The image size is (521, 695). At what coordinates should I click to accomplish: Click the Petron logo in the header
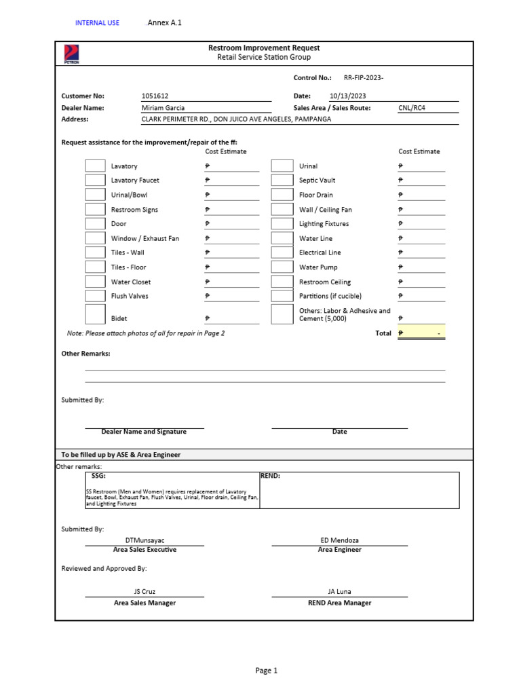point(71,54)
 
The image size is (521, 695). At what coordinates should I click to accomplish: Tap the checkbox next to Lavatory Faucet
point(95,181)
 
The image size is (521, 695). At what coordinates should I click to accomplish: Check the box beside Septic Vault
point(282,181)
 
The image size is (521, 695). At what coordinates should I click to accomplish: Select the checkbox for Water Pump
point(282,267)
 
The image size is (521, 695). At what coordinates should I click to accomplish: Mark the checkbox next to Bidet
point(95,314)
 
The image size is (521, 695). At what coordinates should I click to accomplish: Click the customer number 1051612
point(155,96)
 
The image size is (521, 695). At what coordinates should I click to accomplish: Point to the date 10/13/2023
point(347,96)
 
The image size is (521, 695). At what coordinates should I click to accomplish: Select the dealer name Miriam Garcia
point(163,108)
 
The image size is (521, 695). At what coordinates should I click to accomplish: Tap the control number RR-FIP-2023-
point(364,78)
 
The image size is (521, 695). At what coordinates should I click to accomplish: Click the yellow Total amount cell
point(421,333)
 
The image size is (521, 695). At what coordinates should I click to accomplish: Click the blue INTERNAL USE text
point(97,23)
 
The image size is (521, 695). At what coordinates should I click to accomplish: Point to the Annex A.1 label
point(165,22)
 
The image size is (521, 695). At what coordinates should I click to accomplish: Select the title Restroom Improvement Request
point(264,48)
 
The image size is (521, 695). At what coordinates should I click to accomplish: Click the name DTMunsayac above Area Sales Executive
point(144,540)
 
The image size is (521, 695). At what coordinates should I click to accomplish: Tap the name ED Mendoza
point(339,540)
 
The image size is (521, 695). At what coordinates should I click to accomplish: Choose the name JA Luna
point(339,592)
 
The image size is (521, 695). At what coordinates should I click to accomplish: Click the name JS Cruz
point(144,592)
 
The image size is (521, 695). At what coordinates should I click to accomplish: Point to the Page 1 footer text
point(267,671)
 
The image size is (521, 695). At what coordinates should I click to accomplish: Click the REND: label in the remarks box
point(271,476)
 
